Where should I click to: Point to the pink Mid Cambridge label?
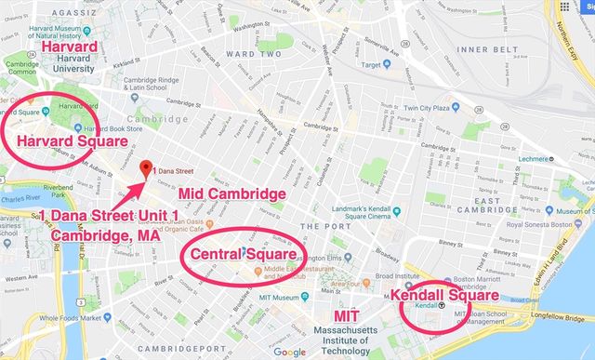pyautogui.click(x=231, y=194)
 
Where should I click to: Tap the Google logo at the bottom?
pyautogui.click(x=290, y=352)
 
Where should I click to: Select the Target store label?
pyautogui.click(x=373, y=65)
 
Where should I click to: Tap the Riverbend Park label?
pyautogui.click(x=58, y=188)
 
